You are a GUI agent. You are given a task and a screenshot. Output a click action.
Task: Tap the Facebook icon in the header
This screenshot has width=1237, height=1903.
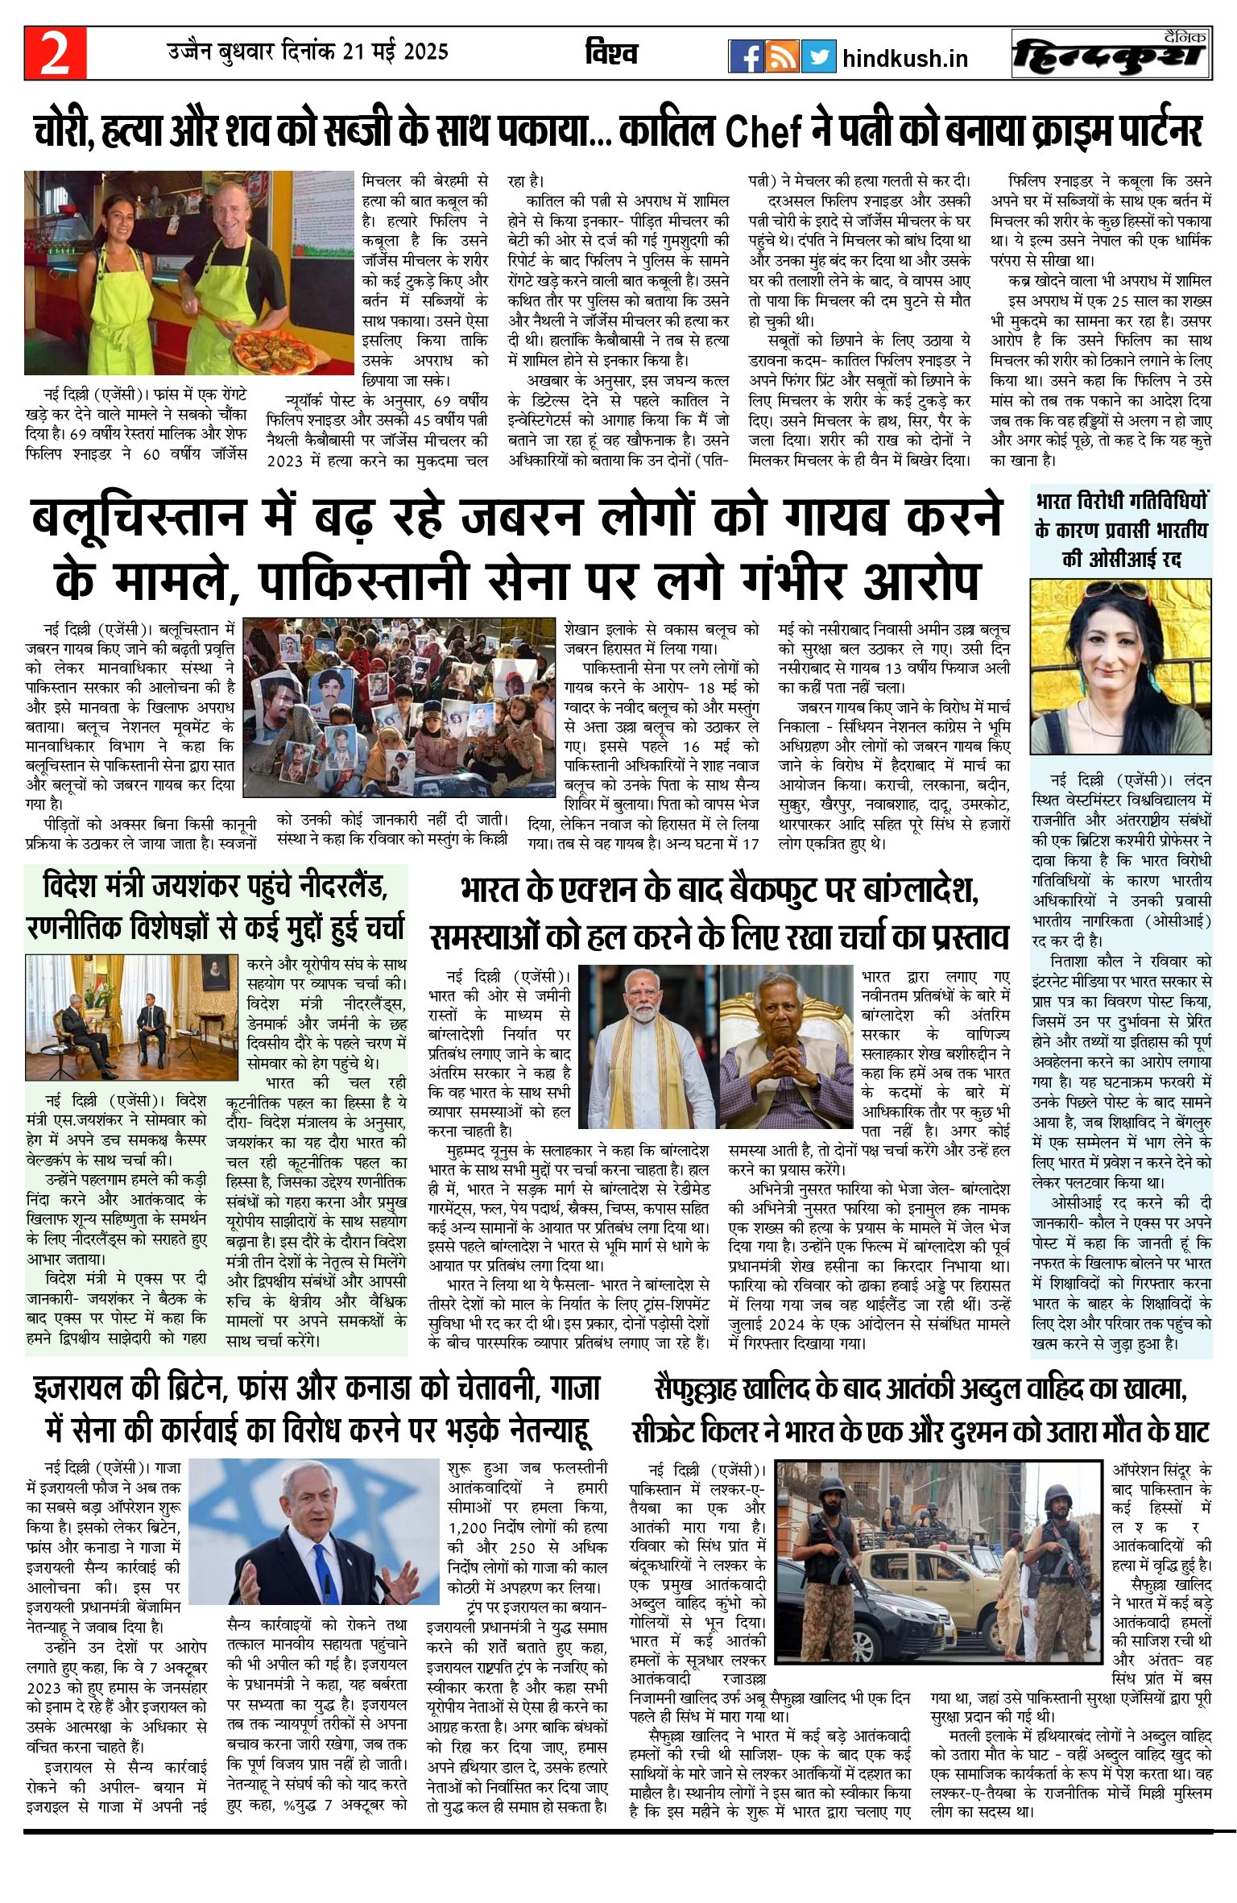[x=746, y=56]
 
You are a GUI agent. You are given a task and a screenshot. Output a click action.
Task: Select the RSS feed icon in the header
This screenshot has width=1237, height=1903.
[x=782, y=56]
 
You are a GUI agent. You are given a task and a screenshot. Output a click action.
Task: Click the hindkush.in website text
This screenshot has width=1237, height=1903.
[x=905, y=58]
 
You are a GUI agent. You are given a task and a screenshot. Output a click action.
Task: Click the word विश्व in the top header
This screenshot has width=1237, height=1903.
[x=611, y=53]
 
